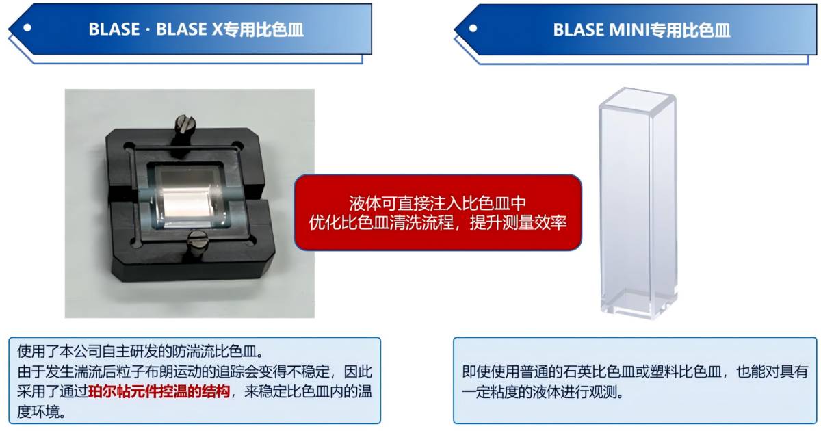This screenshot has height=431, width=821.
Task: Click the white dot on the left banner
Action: (x=27, y=28)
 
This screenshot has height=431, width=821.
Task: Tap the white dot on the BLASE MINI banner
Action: (x=473, y=28)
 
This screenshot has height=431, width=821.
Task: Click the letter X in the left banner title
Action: (x=218, y=29)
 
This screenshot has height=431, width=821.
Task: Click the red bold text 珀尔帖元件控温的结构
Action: (x=159, y=392)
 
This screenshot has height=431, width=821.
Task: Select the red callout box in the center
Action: (x=438, y=213)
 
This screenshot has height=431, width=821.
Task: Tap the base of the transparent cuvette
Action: (x=639, y=304)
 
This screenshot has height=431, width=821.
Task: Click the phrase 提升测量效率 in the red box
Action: (x=519, y=222)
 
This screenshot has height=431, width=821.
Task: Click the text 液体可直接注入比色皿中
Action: (x=438, y=203)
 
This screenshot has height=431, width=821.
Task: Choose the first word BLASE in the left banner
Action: (x=114, y=29)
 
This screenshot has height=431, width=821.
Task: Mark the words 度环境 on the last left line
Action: (x=38, y=412)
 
